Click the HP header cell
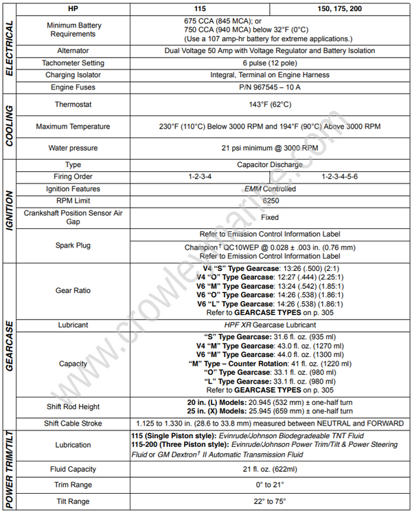73,9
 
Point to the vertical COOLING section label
9,127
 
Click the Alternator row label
73,51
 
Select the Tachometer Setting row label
73,63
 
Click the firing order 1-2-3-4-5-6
339,177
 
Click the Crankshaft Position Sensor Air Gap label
73,217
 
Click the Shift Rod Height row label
73,406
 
